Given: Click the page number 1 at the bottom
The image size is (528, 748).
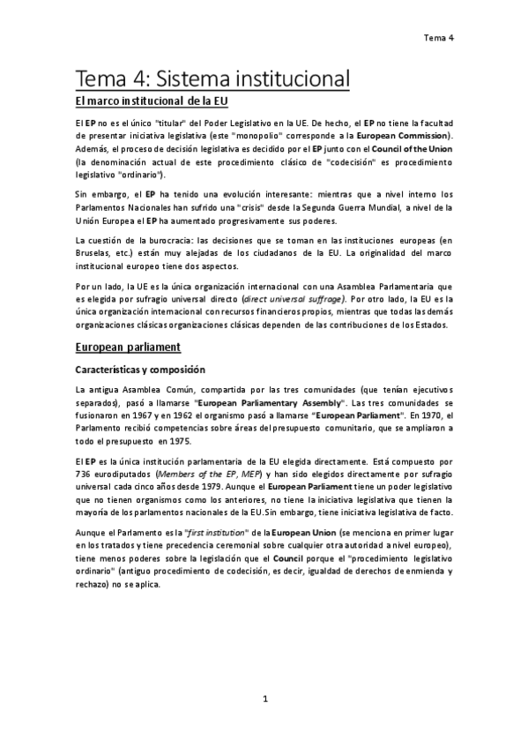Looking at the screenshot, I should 264,699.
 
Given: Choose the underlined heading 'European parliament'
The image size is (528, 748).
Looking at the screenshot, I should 128,347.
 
